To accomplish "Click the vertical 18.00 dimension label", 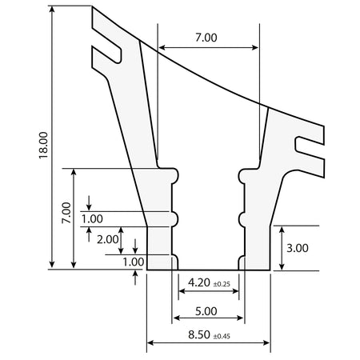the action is (x=43, y=146).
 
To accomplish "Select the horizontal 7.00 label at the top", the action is (x=206, y=38).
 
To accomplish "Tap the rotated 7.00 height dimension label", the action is (x=66, y=213).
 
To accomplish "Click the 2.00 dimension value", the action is (x=108, y=239).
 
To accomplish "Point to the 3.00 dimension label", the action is (x=298, y=248).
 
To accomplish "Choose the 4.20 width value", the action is (x=199, y=282).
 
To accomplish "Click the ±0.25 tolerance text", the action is (x=222, y=284).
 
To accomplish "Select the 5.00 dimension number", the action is (x=206, y=311).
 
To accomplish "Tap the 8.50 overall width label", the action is (x=199, y=334).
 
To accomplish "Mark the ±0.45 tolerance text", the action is (x=222, y=336).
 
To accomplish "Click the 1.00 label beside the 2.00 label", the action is (x=92, y=219).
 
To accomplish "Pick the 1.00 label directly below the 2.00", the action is (x=134, y=262).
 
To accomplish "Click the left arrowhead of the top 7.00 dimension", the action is (x=162, y=48).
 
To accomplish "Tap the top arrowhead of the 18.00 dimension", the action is (x=52, y=10).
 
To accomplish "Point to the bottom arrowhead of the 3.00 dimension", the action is (x=282, y=266).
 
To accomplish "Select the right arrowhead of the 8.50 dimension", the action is (x=266, y=342).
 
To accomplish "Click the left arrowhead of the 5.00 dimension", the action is (x=177, y=318).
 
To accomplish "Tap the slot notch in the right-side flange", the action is (x=310, y=148).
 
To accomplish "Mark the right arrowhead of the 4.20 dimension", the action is (x=235, y=290).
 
